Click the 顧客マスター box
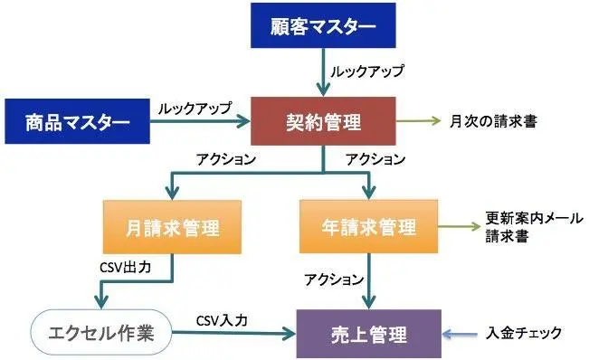pyautogui.click(x=323, y=26)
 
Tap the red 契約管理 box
pyautogui.click(x=322, y=120)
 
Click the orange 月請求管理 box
pyautogui.click(x=173, y=226)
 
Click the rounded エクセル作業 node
pyautogui.click(x=99, y=334)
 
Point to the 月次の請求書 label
pyautogui.click(x=493, y=120)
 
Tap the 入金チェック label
pyautogui.click(x=524, y=334)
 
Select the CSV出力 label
pyautogui.click(x=130, y=268)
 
